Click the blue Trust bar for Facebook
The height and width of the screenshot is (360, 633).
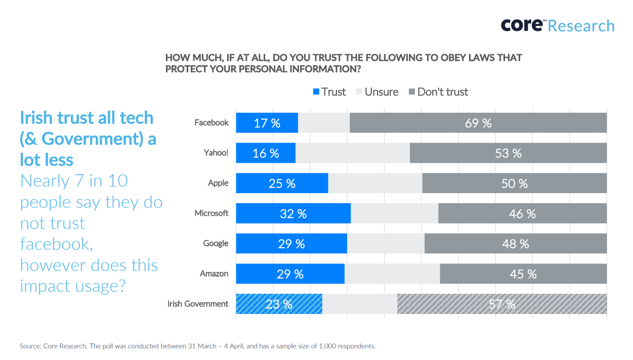pos(267,123)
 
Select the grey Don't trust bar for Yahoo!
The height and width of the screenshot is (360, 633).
pos(508,153)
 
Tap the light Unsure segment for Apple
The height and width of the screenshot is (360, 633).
pos(375,183)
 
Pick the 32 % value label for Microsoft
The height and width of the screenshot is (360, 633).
pos(293,214)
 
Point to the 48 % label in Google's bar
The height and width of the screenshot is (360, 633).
pos(516,244)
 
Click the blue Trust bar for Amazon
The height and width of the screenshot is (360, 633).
pos(290,274)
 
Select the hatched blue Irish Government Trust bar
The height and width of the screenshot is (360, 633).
pos(279,304)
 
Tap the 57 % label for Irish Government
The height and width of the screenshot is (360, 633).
pos(502,304)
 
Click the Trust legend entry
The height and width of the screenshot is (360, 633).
pos(329,92)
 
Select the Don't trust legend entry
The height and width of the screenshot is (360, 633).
pos(438,92)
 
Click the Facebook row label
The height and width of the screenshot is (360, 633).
pos(212,123)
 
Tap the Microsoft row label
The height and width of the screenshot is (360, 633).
pos(212,213)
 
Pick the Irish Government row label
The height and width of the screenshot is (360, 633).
pos(198,304)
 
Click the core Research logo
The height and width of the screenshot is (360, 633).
pos(557,25)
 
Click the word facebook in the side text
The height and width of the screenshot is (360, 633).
pos(56,244)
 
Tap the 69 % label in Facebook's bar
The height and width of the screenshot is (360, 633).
pos(478,123)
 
